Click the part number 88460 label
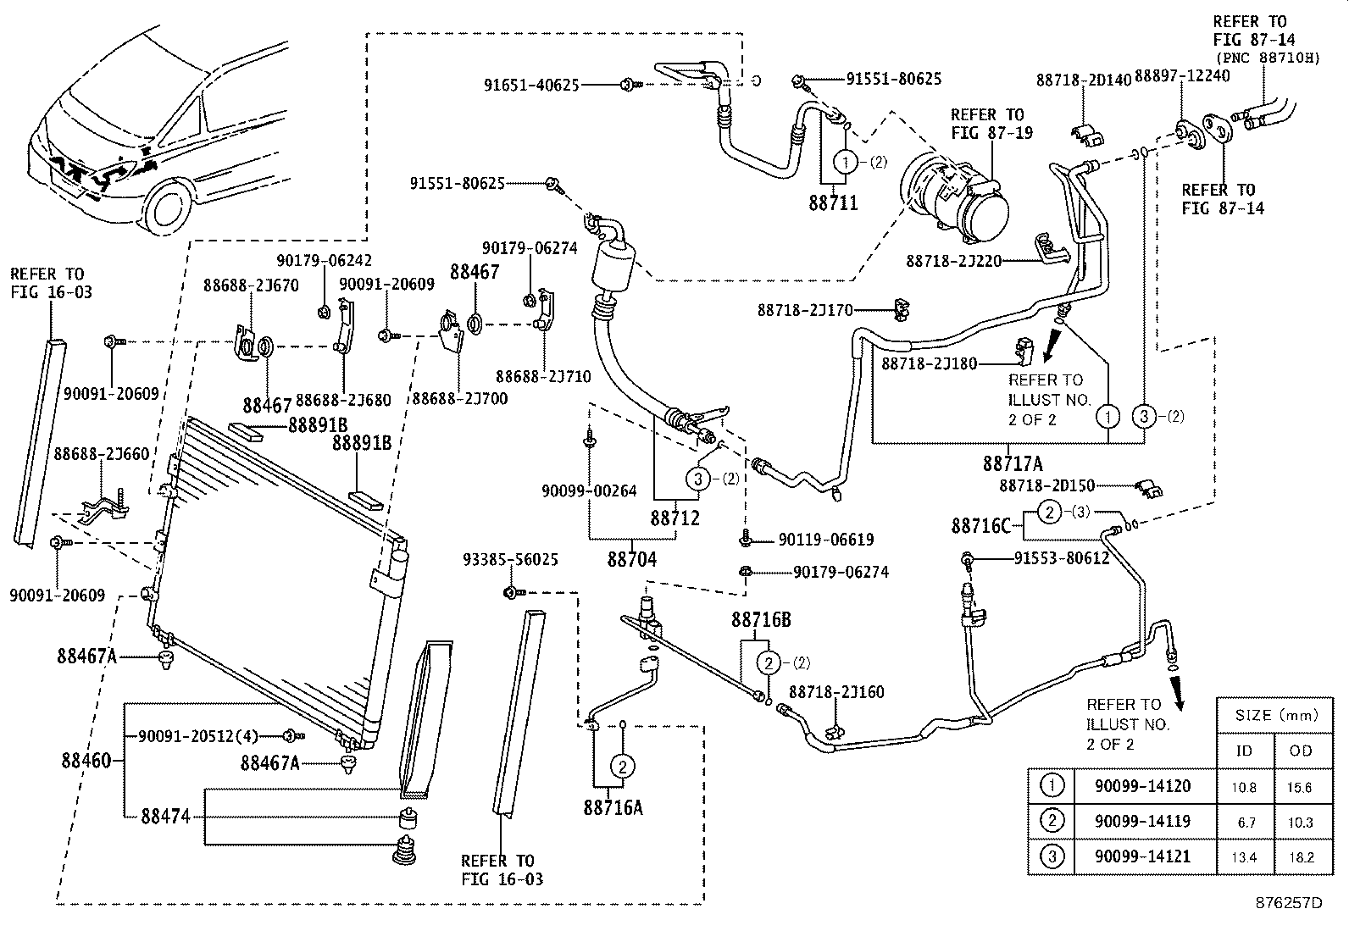86,760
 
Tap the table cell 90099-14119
1142,821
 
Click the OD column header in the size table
1301,751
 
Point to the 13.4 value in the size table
1244,857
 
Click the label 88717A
1013,463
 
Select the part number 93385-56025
510,560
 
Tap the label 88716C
980,526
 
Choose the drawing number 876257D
1289,902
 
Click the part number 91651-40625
531,85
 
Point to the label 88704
632,559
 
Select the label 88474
165,817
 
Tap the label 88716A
612,807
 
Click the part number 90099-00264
589,490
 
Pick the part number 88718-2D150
1046,486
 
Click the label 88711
833,202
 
